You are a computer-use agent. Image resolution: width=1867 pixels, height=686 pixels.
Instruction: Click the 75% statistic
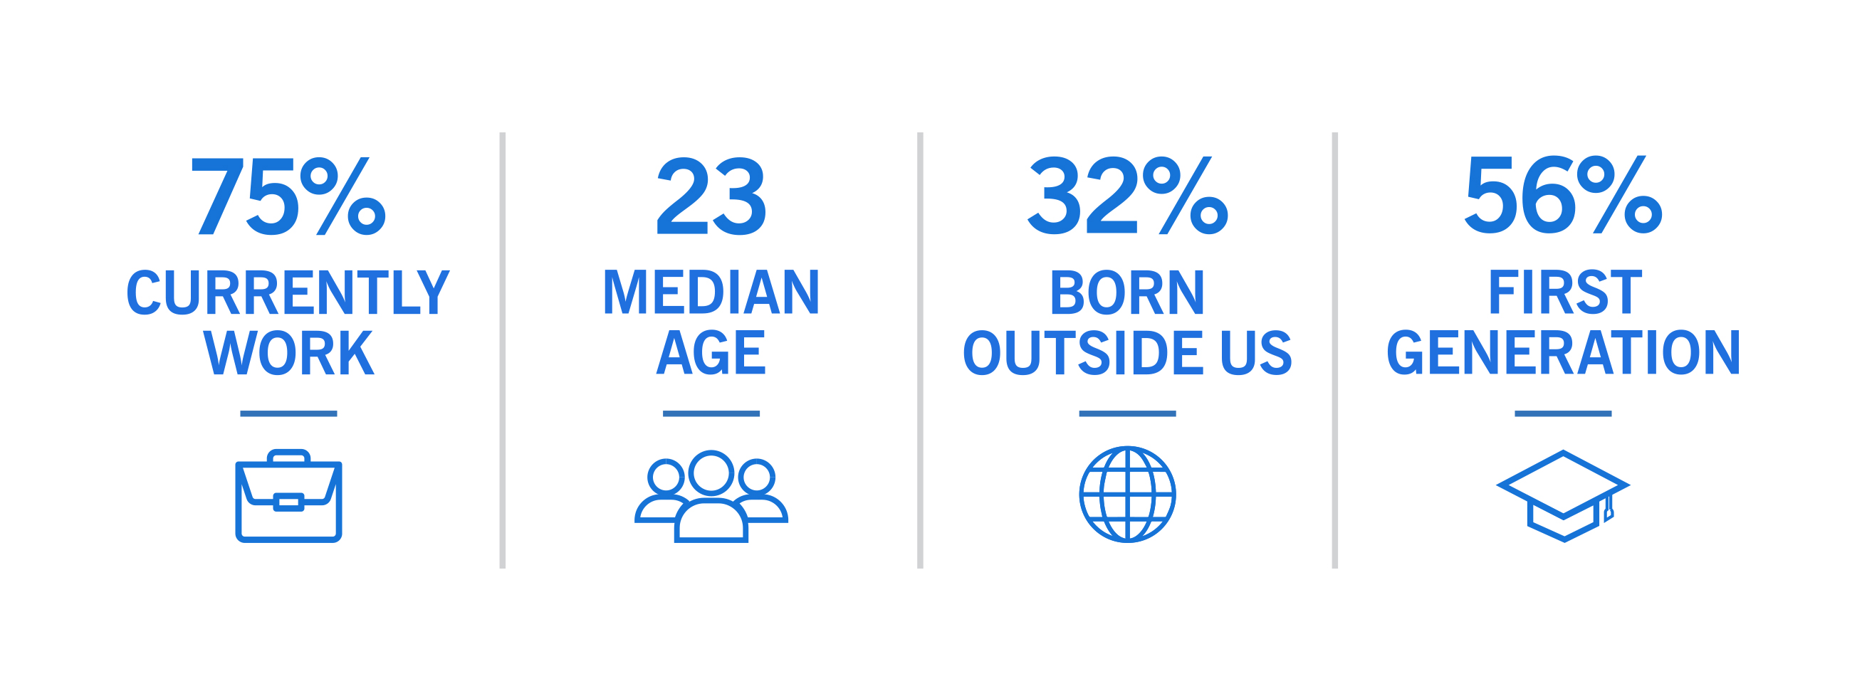[288, 196]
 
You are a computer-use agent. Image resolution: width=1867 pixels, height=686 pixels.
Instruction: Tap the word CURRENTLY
[288, 292]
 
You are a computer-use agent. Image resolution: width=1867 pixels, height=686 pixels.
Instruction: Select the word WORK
[288, 353]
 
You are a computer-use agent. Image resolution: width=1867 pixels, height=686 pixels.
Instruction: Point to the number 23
[711, 196]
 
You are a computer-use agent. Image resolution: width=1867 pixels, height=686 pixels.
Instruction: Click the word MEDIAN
[711, 292]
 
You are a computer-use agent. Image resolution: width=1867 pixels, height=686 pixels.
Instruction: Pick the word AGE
[711, 353]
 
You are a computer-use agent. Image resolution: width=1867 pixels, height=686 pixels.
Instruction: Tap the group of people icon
[711, 496]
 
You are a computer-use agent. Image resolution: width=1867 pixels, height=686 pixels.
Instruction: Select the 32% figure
[1128, 196]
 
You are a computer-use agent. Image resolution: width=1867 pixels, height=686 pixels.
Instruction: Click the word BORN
[1128, 292]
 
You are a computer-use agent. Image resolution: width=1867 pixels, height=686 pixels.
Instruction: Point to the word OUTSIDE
[1084, 353]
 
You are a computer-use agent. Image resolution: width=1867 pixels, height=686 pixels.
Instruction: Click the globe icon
[1128, 494]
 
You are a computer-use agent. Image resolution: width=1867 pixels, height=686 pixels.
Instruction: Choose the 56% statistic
[1564, 196]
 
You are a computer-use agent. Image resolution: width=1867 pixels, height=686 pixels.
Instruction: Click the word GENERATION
[1564, 353]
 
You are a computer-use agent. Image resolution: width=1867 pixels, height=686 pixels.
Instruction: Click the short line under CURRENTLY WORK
[288, 413]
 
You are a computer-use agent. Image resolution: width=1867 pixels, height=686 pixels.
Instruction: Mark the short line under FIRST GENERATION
[1564, 413]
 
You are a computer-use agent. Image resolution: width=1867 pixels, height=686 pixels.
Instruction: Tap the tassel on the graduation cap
[1609, 509]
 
